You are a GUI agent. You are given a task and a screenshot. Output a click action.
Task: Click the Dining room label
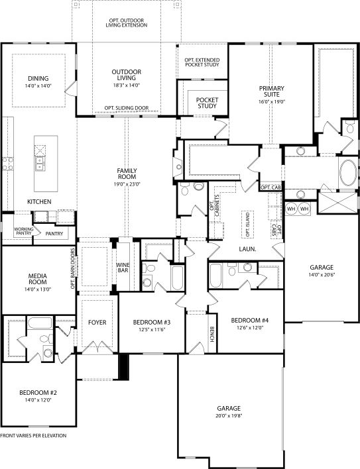click(38, 78)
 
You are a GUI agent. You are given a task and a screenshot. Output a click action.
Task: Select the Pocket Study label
click(208, 103)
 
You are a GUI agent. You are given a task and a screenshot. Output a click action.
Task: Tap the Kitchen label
click(39, 201)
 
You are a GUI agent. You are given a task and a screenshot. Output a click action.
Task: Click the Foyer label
click(97, 323)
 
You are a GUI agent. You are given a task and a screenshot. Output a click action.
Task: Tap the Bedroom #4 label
click(249, 320)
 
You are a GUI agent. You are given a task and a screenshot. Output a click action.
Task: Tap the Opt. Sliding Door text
click(127, 107)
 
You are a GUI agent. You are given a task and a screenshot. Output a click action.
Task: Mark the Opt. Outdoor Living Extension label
click(128, 22)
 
